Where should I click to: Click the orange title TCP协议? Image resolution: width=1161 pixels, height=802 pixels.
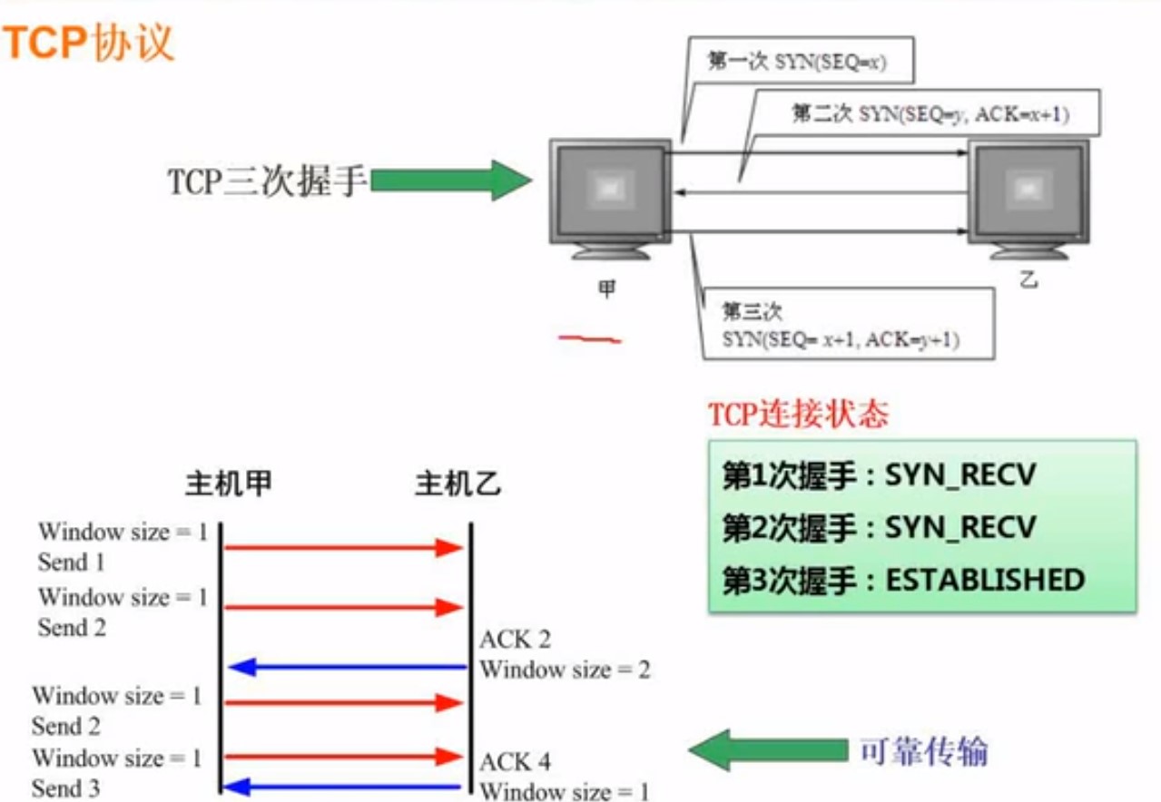(88, 43)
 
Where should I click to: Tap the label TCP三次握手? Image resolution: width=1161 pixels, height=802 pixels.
(266, 181)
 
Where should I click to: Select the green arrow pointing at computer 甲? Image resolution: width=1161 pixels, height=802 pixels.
(450, 180)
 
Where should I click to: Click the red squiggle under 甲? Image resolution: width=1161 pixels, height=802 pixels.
(590, 340)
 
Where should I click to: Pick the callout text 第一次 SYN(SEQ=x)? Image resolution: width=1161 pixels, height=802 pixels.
(797, 64)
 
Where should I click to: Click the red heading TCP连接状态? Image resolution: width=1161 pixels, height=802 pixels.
(798, 415)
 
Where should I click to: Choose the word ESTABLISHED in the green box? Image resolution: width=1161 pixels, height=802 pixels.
(985, 580)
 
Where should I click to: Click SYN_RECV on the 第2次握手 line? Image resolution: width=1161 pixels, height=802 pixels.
(960, 527)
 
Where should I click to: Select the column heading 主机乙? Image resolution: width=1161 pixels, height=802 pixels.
(458, 484)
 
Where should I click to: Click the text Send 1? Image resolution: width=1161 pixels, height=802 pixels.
(71, 562)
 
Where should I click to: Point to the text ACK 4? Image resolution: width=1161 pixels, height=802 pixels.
(515, 761)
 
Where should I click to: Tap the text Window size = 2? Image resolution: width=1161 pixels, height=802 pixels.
(565, 670)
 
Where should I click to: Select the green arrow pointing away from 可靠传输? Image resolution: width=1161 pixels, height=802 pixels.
(767, 749)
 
